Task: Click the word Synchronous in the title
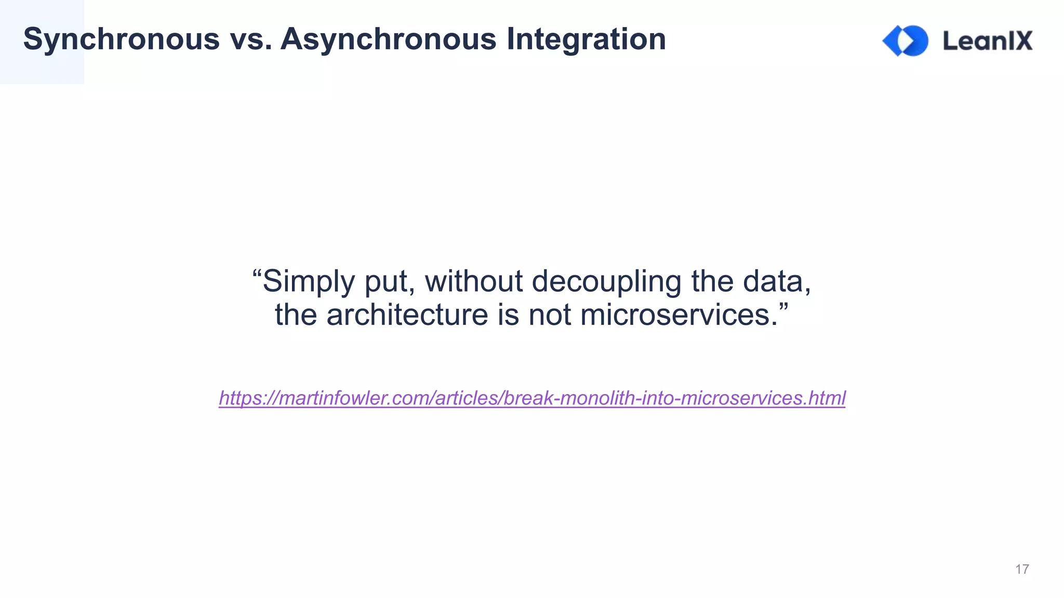[122, 39]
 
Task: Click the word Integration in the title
[586, 39]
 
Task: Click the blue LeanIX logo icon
[906, 40]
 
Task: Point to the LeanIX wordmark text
[988, 40]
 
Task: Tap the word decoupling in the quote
[606, 281]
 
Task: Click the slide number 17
[1022, 569]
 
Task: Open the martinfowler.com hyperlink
[532, 398]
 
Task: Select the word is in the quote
[508, 315]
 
